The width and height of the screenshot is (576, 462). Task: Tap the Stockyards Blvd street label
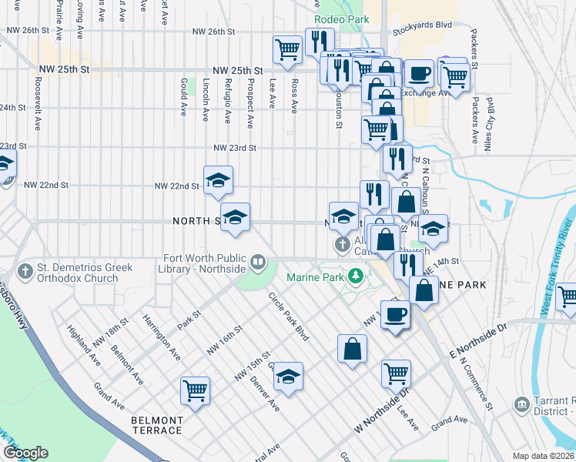click(x=422, y=25)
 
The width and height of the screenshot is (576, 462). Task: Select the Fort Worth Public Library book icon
click(x=260, y=263)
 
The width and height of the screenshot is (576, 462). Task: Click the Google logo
click(x=25, y=453)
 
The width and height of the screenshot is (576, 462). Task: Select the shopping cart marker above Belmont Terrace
click(x=194, y=390)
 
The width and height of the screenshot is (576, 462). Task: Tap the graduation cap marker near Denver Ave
click(x=289, y=376)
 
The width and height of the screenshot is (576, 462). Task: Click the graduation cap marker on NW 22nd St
click(x=219, y=179)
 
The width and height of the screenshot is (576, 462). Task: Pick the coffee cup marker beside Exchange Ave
click(x=419, y=73)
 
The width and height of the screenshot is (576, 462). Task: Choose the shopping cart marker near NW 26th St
click(x=287, y=49)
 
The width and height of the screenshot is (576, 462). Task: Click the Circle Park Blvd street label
click(x=289, y=316)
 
